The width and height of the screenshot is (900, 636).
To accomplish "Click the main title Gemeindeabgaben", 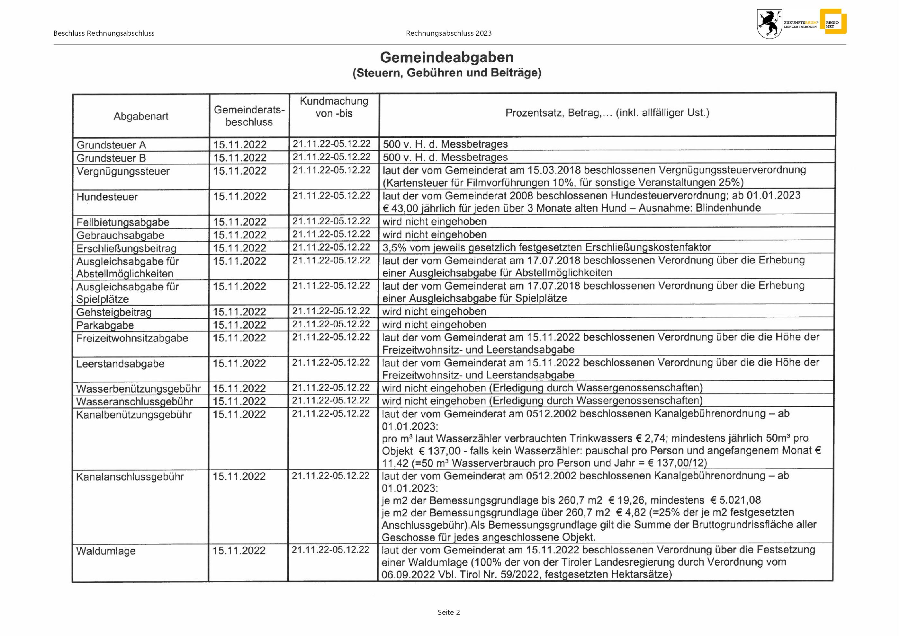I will tap(446, 57).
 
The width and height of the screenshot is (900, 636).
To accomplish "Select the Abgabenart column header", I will tap(141, 116).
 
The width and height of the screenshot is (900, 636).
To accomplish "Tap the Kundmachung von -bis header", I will tap(334, 107).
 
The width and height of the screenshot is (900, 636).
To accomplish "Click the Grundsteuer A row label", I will tap(111, 145).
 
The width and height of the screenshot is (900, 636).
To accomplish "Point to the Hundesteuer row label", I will tap(107, 197).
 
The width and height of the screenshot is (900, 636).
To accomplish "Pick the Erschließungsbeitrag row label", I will tap(126, 248).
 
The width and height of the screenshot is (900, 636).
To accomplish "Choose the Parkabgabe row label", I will tap(105, 325).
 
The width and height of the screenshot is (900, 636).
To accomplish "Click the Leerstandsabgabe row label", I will tap(120, 364).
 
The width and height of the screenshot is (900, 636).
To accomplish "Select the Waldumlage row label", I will tap(105, 551).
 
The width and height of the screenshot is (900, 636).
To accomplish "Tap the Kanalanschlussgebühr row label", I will tap(130, 477).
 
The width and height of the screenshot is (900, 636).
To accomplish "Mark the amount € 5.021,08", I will tap(735, 500).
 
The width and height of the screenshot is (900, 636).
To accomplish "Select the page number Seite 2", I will tap(448, 613).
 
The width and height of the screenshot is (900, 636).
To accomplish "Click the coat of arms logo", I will tap(769, 24).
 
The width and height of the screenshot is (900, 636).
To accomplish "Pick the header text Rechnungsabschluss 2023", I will tap(448, 33).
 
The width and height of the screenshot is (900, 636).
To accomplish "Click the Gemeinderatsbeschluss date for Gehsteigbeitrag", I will tap(239, 312).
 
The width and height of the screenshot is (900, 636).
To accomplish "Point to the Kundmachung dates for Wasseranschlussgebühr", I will tap(330, 401).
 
